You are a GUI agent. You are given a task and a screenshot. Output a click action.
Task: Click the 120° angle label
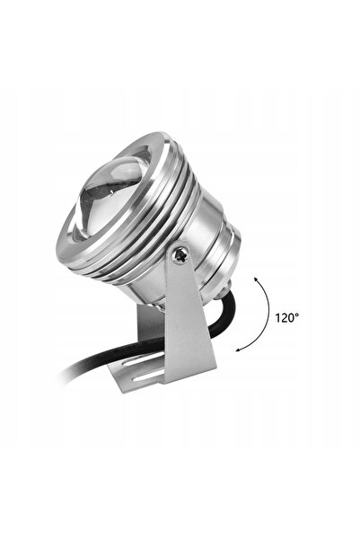pos(286,317)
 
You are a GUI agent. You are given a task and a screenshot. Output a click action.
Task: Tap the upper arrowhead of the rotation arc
pos(257,279)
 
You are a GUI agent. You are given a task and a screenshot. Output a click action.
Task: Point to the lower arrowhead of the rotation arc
pos(238,350)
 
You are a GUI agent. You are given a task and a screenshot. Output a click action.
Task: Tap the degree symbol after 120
pos(296,314)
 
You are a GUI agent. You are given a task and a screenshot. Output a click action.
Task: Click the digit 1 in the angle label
pos(277,317)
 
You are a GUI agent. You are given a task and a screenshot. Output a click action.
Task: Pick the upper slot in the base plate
pos(140,360)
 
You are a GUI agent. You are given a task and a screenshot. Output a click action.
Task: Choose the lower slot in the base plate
pos(149,375)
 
